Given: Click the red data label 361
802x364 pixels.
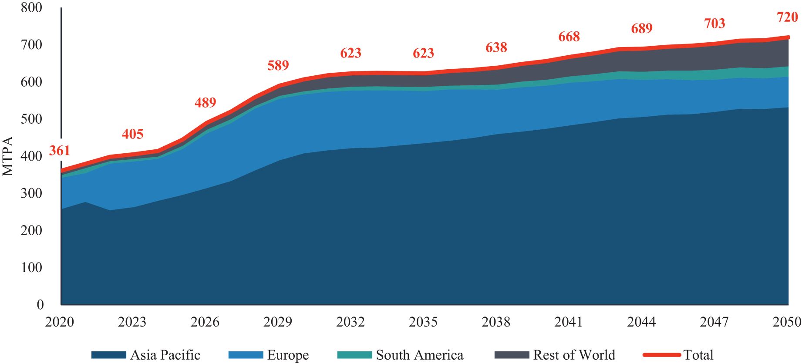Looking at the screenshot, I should pyautogui.click(x=59, y=151).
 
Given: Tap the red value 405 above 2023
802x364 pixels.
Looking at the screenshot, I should pyautogui.click(x=132, y=134).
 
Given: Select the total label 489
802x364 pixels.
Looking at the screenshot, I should pyautogui.click(x=205, y=103).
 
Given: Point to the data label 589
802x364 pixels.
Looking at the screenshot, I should pyautogui.click(x=278, y=65).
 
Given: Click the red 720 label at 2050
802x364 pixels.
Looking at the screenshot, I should pyautogui.click(x=787, y=17).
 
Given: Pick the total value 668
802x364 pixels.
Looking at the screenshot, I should pyautogui.click(x=569, y=37).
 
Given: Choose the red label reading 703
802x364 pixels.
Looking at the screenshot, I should pyautogui.click(x=714, y=24).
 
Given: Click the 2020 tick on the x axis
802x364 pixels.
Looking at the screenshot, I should pyautogui.click(x=60, y=322).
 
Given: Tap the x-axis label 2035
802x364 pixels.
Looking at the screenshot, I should pyautogui.click(x=423, y=322).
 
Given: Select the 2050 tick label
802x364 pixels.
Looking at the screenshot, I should pyautogui.click(x=787, y=322).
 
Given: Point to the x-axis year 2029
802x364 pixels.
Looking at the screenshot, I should pyautogui.click(x=278, y=322).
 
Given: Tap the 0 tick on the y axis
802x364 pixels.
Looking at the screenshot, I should pyautogui.click(x=40, y=304).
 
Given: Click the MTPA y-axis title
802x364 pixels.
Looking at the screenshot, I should pyautogui.click(x=8, y=156).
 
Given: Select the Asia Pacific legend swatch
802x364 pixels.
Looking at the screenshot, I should pyautogui.click(x=108, y=355).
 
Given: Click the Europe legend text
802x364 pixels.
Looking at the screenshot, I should pyautogui.click(x=288, y=355).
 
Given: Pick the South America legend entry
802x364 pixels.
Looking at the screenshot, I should pyautogui.click(x=419, y=355).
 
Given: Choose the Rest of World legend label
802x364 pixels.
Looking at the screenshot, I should pyautogui.click(x=574, y=355).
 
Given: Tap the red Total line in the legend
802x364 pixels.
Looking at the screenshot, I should pyautogui.click(x=662, y=355).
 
